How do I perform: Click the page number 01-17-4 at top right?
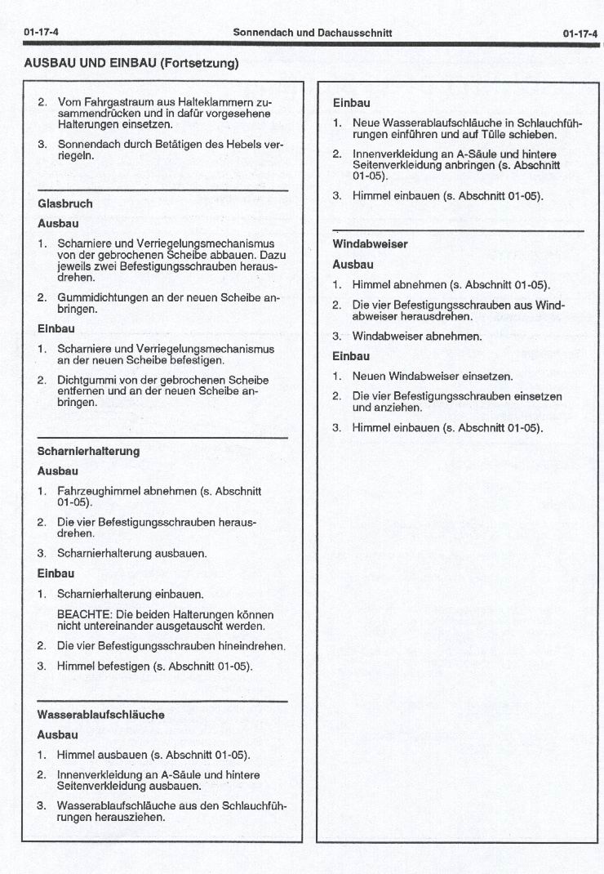click(x=580, y=33)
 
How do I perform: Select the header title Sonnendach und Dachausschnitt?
click(x=312, y=33)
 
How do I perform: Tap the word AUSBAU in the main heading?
click(x=49, y=62)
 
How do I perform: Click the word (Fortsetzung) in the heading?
click(x=200, y=62)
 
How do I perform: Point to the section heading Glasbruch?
click(x=65, y=203)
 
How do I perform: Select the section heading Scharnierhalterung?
click(x=88, y=451)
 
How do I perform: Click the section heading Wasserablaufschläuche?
click(x=100, y=715)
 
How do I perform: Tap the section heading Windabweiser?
click(x=370, y=244)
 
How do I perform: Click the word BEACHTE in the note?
click(x=83, y=614)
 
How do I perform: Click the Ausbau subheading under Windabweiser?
click(x=353, y=265)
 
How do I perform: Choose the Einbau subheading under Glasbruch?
click(x=56, y=328)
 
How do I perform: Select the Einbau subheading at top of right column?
click(x=351, y=103)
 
